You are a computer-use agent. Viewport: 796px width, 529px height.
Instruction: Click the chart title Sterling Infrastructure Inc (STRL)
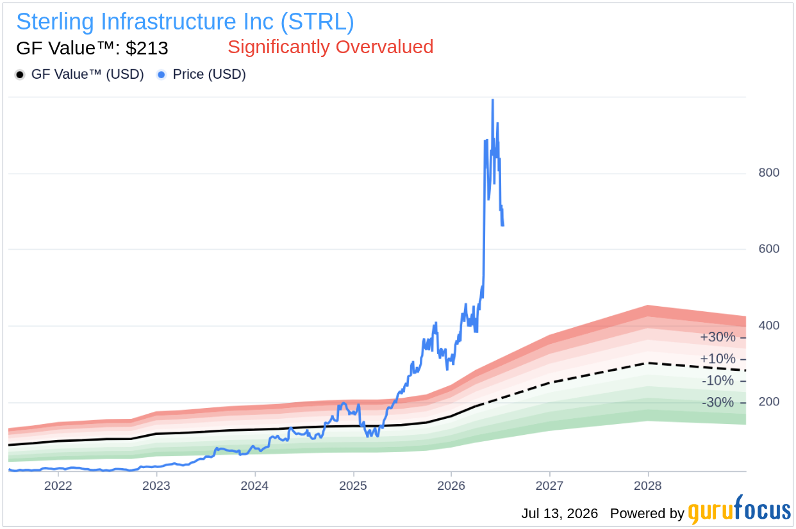tap(185, 22)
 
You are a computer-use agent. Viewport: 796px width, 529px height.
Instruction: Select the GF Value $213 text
tap(92, 48)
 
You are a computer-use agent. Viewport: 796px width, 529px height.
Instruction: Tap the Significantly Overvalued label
tap(331, 47)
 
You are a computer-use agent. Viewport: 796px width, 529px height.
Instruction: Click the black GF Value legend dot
tap(20, 75)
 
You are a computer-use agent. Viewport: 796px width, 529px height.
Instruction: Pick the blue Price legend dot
tap(162, 75)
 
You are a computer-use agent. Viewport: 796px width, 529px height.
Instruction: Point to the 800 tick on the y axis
tap(768, 172)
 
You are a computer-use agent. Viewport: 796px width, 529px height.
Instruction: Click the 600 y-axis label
tap(768, 249)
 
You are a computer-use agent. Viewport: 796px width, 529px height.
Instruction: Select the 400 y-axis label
tap(768, 325)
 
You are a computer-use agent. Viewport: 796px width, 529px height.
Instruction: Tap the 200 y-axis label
tap(768, 402)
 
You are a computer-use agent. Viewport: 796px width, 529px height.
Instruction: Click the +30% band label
tap(718, 337)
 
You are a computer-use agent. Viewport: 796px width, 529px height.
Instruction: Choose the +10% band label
tap(718, 359)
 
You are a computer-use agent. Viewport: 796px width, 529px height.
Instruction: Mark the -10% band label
tap(718, 380)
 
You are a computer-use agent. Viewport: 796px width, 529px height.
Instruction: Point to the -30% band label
tap(718, 402)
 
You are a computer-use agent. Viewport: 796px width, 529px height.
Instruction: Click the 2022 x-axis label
tap(58, 485)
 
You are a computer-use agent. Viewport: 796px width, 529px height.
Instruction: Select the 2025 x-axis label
tap(353, 485)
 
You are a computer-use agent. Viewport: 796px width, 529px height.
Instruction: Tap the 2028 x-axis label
tap(648, 485)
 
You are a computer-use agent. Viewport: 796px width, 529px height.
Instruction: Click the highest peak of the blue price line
tap(492, 100)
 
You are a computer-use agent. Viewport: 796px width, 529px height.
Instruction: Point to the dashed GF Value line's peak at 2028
tap(648, 363)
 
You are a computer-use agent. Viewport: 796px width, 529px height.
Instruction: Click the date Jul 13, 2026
tap(560, 514)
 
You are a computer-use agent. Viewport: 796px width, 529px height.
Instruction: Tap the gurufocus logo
tap(739, 510)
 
